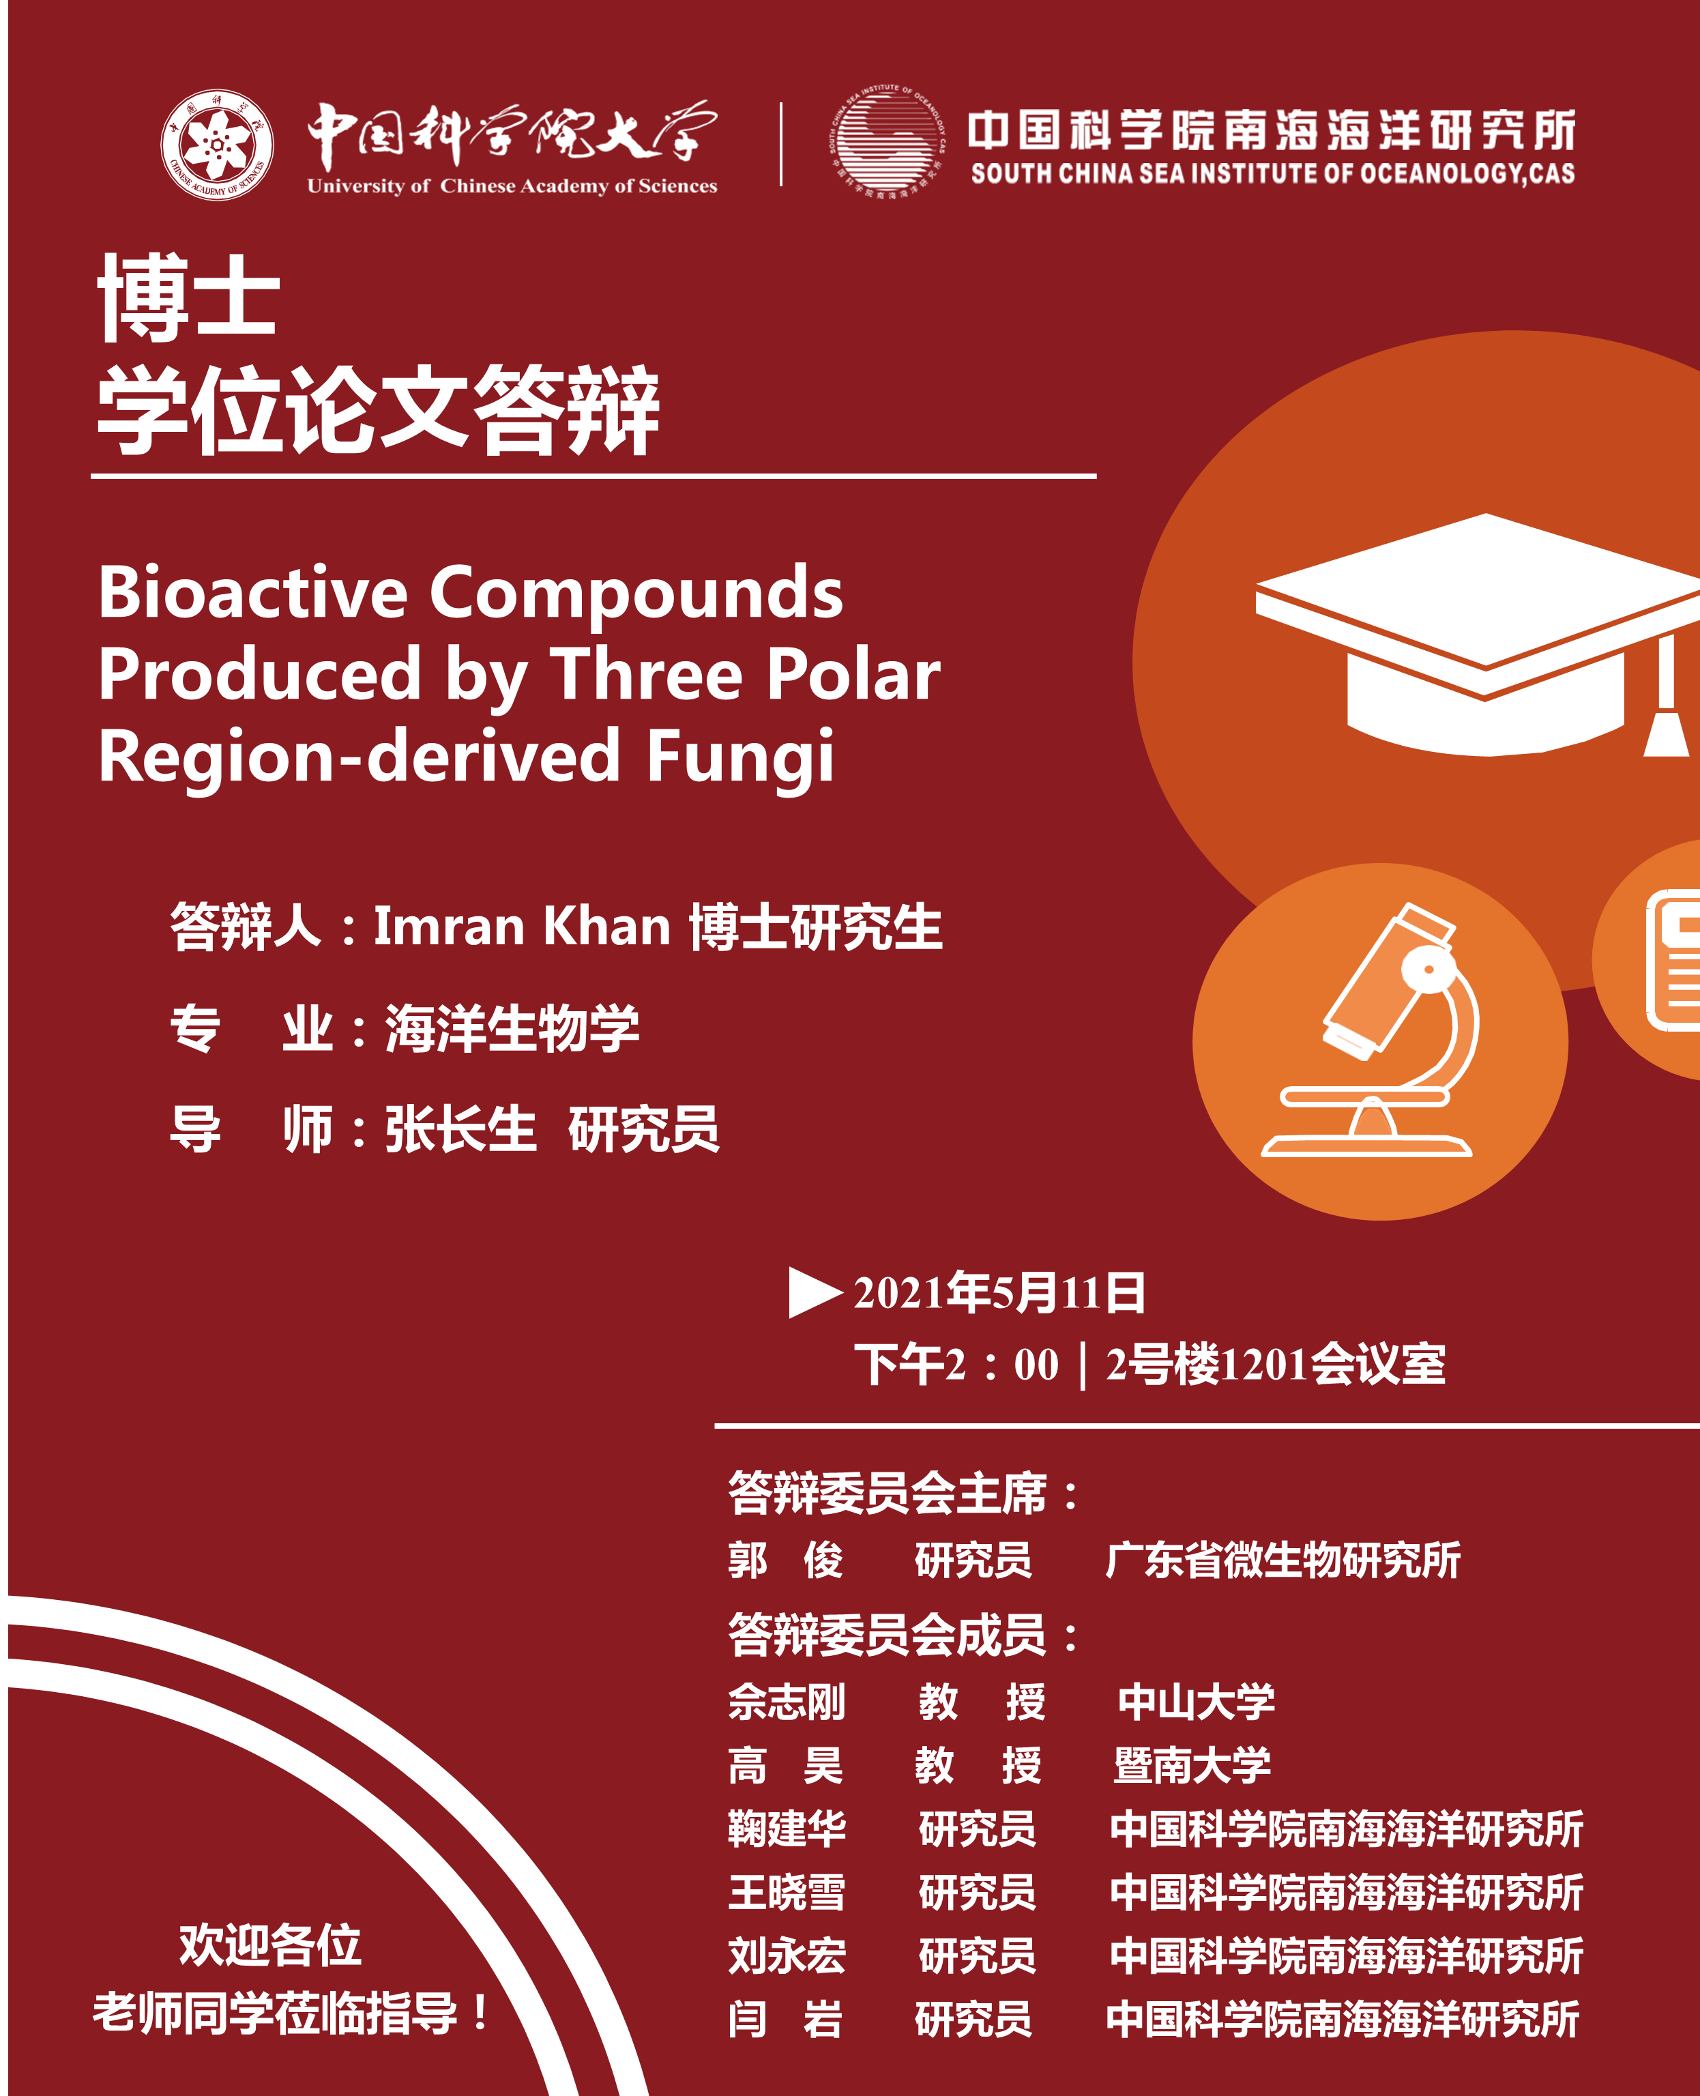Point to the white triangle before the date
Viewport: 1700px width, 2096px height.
pos(815,1293)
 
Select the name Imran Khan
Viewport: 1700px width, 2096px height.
pos(522,926)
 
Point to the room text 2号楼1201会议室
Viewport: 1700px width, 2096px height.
pos(1275,1365)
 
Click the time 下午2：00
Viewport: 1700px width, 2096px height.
pos(956,1365)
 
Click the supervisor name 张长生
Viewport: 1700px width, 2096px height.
pos(460,1129)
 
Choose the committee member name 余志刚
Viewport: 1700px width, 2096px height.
pos(787,1701)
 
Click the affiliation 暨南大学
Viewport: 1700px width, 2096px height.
pos(1192,1765)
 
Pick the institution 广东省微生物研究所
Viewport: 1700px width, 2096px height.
pos(1282,1560)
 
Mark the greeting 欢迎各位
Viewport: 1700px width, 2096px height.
pos(270,1945)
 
